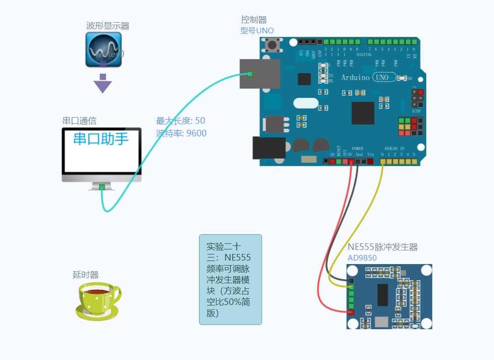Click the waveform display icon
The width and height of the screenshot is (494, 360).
coord(104,49)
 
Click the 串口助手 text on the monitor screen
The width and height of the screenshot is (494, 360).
coord(101,138)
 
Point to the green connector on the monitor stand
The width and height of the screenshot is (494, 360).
coord(102,187)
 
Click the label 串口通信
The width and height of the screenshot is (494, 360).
coord(79,121)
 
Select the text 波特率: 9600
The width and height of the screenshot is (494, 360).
coord(181,133)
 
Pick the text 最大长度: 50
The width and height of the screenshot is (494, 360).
coord(180,121)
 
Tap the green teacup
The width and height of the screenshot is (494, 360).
coord(98,301)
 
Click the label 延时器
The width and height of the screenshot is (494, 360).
coord(85,275)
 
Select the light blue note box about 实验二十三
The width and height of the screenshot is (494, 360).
coord(230,279)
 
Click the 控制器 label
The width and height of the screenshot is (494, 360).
coord(254,20)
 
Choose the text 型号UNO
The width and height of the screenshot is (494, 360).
coord(257,31)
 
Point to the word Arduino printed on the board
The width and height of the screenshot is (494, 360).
coord(355,77)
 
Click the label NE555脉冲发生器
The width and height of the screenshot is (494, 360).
coord(382,247)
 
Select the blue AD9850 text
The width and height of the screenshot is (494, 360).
coord(362,258)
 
